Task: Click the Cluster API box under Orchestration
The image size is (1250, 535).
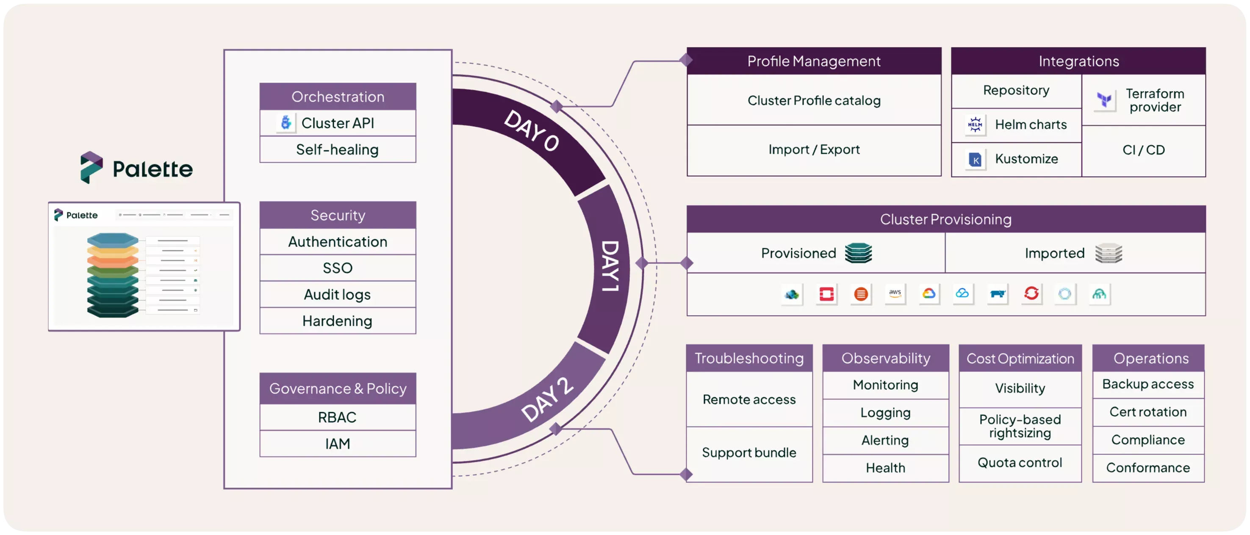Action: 338,123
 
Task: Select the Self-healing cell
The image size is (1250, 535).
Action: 338,150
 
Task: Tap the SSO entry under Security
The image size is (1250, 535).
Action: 338,268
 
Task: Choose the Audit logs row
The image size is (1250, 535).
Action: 338,294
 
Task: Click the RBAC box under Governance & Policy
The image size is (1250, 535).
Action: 338,417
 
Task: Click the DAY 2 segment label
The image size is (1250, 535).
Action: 547,399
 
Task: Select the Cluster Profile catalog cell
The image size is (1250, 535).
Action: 814,100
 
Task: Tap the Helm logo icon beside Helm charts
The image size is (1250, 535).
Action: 975,125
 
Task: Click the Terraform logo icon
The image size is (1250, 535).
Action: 1104,100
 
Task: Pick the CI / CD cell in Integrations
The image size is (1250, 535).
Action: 1143,150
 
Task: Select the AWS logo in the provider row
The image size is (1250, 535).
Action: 895,294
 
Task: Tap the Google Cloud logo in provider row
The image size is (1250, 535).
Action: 929,294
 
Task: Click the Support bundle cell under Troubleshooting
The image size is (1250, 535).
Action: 749,453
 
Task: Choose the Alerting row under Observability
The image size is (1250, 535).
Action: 885,441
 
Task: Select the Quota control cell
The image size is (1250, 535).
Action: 1020,463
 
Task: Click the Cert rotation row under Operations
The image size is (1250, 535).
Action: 1147,412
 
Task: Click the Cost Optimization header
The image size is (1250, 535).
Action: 1020,358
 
